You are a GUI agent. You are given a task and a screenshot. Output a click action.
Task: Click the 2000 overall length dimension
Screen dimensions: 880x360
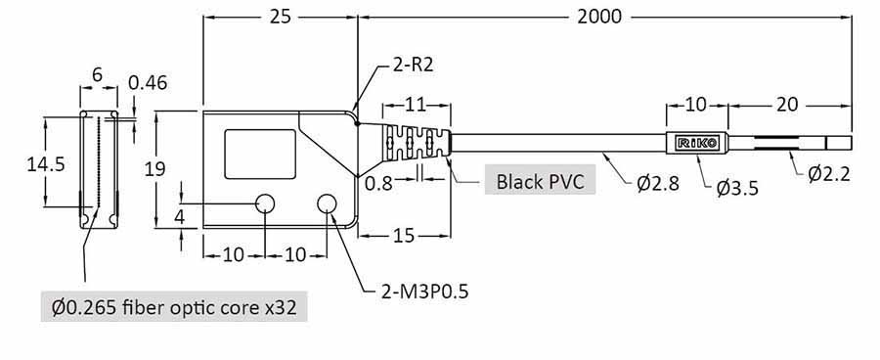(599, 17)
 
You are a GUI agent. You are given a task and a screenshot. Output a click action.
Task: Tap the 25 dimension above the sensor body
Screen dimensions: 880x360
(280, 17)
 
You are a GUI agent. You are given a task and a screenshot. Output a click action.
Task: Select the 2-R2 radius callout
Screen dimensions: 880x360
(413, 66)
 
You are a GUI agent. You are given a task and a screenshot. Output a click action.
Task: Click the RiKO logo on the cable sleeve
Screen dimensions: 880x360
(697, 143)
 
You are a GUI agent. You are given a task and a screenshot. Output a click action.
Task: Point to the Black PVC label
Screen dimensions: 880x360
(540, 181)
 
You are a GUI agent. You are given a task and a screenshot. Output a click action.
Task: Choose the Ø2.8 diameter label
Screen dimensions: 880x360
(658, 183)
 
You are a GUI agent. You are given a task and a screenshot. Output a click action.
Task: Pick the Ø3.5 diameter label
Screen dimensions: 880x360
(737, 189)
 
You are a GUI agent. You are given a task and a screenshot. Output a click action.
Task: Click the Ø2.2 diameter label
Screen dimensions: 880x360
(829, 174)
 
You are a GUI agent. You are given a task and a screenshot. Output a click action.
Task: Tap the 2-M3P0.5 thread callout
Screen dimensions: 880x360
(424, 292)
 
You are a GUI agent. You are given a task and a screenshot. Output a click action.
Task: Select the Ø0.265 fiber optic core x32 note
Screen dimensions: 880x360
(174, 306)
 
